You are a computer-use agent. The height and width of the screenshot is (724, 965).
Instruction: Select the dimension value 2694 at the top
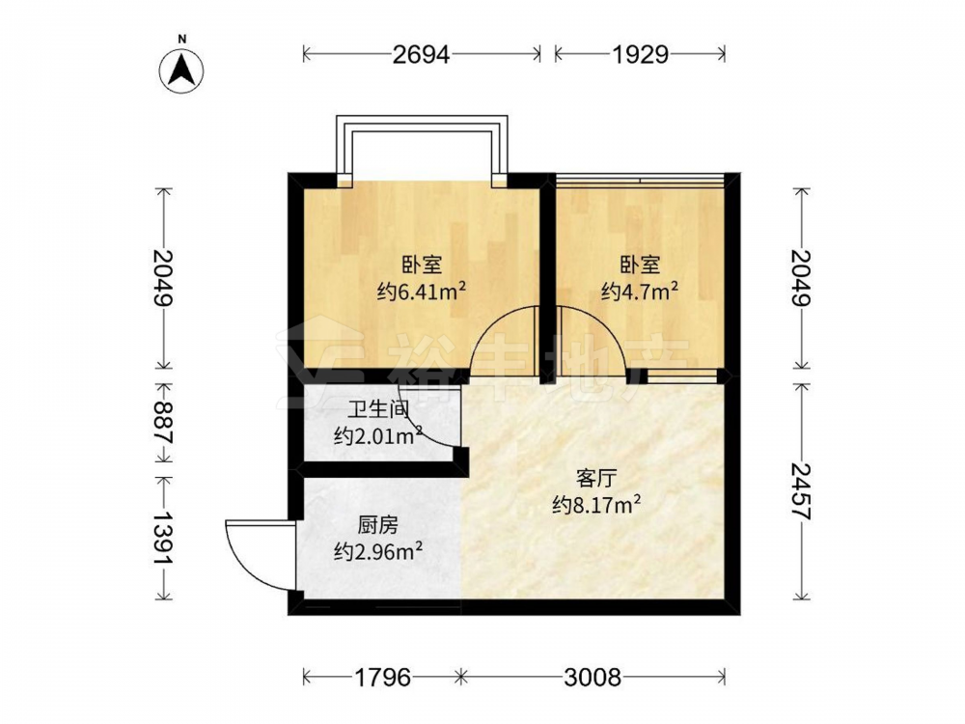422,55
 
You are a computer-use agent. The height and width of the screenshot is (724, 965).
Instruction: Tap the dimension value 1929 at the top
640,55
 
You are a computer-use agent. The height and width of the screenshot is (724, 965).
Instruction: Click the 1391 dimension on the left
164,538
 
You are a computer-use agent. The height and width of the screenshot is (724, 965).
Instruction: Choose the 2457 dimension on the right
801,491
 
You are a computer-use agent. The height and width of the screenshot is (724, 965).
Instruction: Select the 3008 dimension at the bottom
593,678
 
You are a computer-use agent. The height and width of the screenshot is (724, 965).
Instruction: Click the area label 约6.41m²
422,292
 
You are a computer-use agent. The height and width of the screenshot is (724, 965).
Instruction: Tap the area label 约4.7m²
640,292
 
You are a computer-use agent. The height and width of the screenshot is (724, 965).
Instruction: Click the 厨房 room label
378,525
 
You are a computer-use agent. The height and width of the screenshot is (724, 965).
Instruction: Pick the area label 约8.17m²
596,506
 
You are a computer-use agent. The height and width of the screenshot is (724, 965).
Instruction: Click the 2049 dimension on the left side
164,278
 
